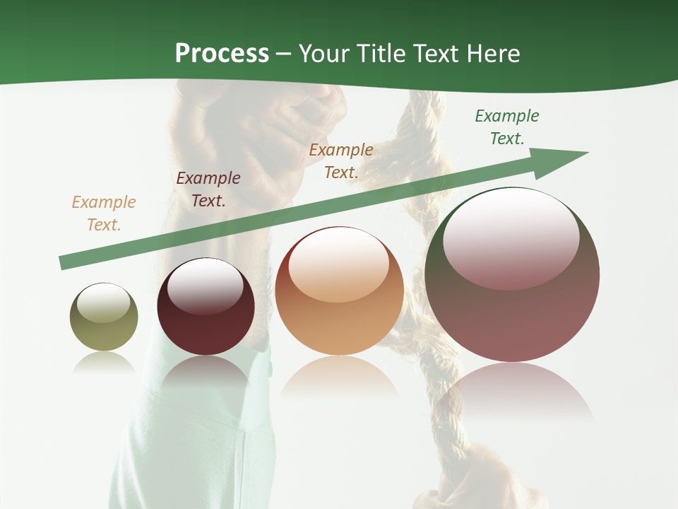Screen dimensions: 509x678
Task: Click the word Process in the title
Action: (x=222, y=54)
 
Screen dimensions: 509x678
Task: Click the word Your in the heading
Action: (x=324, y=54)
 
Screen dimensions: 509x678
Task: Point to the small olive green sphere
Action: (x=104, y=317)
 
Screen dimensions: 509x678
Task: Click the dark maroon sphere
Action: (x=206, y=308)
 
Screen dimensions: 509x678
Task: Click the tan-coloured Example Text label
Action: (x=104, y=213)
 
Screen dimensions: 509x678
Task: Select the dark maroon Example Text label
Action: (x=208, y=189)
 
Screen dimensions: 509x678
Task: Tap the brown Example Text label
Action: (x=341, y=161)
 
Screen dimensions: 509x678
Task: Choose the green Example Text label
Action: (x=507, y=127)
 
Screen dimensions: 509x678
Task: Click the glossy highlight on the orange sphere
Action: (x=338, y=266)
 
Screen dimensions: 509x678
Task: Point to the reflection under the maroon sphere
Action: (x=206, y=375)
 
